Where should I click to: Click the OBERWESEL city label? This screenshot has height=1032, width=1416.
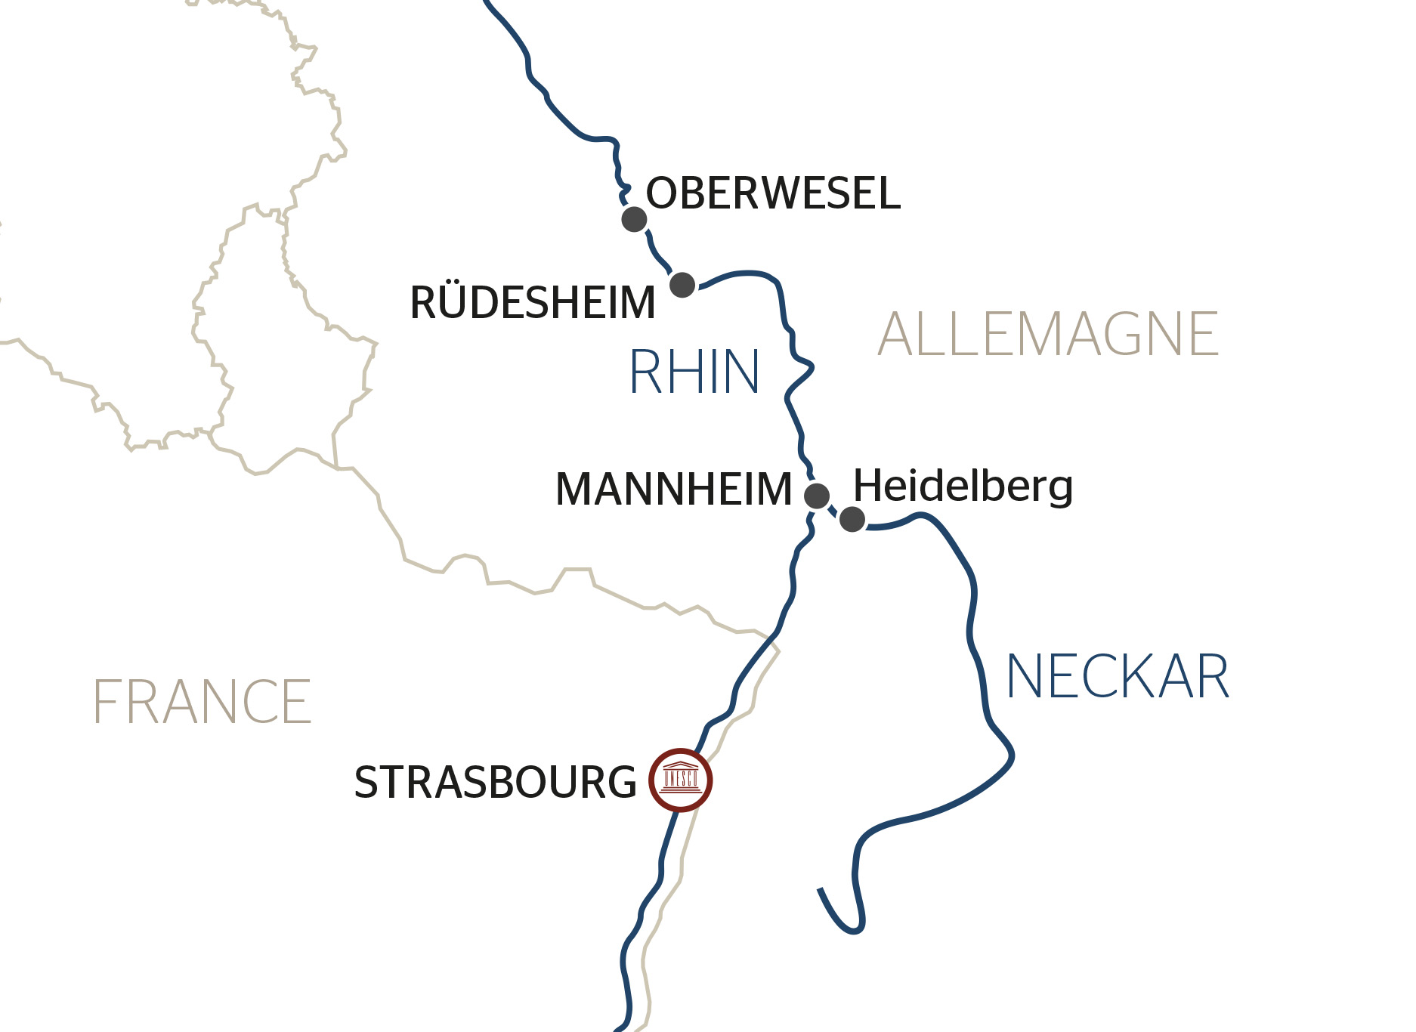(772, 193)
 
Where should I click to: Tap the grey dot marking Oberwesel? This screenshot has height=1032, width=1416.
(634, 220)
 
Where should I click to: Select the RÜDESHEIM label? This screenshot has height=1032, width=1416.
(532, 303)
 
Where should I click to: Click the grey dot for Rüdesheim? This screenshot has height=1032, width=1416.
(682, 285)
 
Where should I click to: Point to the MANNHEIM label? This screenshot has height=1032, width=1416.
(673, 489)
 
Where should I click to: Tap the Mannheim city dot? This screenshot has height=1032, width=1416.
(816, 496)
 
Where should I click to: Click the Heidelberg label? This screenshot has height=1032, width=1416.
(963, 486)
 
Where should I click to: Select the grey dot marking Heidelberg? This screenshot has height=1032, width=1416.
(852, 519)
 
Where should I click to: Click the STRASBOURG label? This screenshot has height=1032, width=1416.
(495, 783)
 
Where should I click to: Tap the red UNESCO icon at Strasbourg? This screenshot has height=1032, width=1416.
(680, 780)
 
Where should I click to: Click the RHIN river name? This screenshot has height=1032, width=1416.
(694, 372)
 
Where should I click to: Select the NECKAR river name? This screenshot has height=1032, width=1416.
(1118, 677)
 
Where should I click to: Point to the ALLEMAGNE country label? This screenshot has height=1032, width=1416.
(1047, 334)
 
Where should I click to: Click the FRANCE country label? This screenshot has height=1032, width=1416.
(202, 702)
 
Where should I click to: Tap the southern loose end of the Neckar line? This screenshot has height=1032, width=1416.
(821, 890)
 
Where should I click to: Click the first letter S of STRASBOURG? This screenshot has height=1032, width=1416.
(367, 783)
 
